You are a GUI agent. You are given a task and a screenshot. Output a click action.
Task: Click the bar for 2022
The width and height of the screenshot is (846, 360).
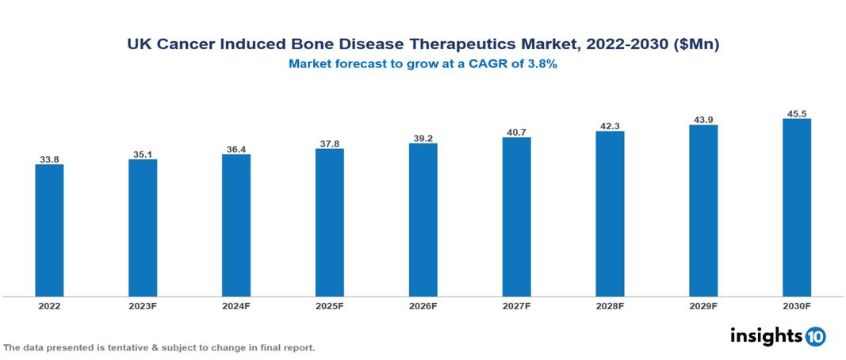(49, 230)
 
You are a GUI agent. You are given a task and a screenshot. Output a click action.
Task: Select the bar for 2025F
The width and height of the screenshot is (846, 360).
(329, 222)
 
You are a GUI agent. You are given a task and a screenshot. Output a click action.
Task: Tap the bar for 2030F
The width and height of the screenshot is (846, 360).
(796, 208)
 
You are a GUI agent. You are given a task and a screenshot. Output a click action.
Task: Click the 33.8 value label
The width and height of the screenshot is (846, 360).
(49, 159)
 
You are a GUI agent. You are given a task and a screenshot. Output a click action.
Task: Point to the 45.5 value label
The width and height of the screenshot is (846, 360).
(796, 113)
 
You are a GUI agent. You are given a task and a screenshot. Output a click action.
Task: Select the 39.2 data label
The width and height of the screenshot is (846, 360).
(423, 138)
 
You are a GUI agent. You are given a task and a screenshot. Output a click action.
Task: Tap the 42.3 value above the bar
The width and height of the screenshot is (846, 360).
(610, 125)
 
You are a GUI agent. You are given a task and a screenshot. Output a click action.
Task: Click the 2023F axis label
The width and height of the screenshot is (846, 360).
(143, 305)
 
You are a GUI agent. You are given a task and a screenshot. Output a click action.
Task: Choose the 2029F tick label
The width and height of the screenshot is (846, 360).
(703, 305)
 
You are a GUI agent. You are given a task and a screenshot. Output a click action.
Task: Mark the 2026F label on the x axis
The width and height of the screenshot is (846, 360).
(423, 305)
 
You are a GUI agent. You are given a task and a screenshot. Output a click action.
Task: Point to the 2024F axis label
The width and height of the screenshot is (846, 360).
(236, 305)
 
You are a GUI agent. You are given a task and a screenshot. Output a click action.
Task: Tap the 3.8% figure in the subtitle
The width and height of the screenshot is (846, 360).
(542, 65)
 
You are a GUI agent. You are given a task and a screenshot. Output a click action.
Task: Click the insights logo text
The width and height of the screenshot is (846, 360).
(766, 335)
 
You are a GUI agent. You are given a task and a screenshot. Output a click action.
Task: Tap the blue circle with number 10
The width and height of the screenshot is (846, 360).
(815, 336)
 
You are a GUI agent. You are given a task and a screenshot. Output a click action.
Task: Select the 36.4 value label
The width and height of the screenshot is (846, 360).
(236, 148)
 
